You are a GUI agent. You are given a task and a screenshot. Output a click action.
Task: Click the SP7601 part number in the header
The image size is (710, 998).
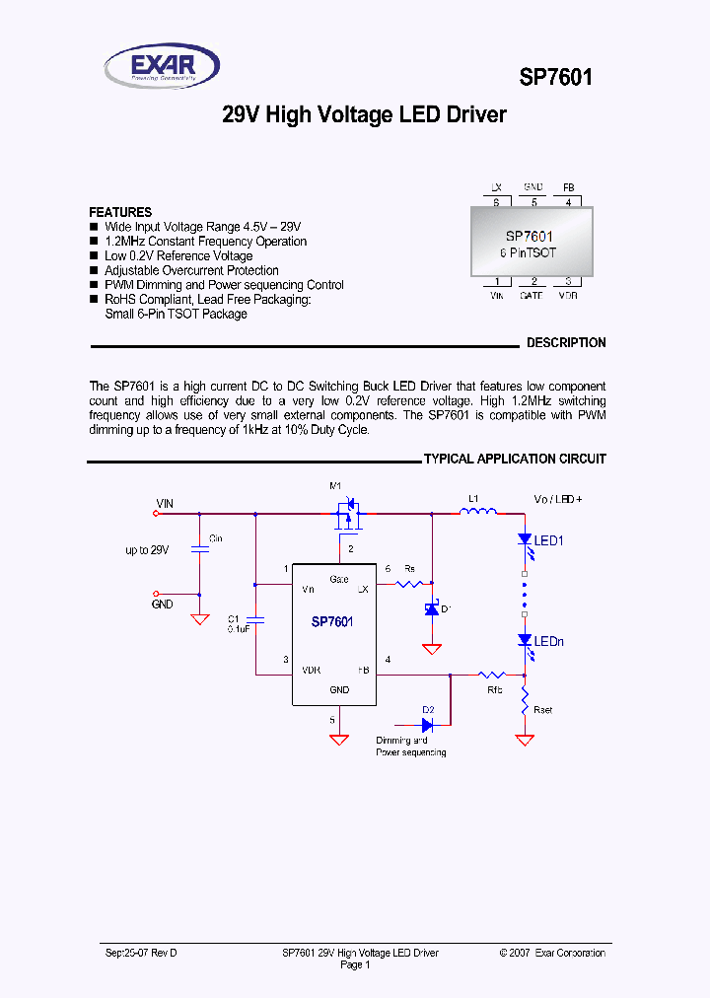(x=556, y=77)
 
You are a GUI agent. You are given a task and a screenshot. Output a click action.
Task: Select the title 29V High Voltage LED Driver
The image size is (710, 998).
(x=364, y=115)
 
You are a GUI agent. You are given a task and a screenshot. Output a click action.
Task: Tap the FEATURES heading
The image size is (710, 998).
(x=120, y=212)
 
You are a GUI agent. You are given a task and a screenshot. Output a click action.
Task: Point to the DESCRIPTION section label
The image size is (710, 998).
(x=566, y=343)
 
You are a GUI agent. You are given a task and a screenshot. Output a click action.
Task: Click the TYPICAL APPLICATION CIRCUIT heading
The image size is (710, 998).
(x=515, y=460)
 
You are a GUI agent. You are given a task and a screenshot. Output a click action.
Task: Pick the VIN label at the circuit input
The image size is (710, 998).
(x=164, y=503)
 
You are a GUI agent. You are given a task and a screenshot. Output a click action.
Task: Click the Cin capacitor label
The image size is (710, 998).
(x=216, y=538)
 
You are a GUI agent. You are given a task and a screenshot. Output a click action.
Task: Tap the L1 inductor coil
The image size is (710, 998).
(x=477, y=511)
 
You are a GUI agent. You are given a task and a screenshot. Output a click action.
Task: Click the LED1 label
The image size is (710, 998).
(x=549, y=540)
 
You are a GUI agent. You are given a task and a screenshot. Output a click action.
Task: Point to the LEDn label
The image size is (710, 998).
(x=549, y=641)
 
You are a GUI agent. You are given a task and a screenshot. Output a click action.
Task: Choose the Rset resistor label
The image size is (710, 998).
(x=542, y=709)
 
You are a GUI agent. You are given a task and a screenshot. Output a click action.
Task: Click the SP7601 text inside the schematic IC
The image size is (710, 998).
(x=332, y=621)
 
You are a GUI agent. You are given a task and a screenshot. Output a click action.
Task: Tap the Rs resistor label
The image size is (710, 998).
(x=409, y=569)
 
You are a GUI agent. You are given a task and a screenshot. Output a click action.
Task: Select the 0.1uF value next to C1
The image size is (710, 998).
(x=238, y=628)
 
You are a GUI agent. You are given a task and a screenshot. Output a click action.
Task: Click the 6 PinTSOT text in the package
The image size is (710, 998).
(x=528, y=252)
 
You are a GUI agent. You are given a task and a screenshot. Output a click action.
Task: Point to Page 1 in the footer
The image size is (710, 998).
(x=354, y=965)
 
